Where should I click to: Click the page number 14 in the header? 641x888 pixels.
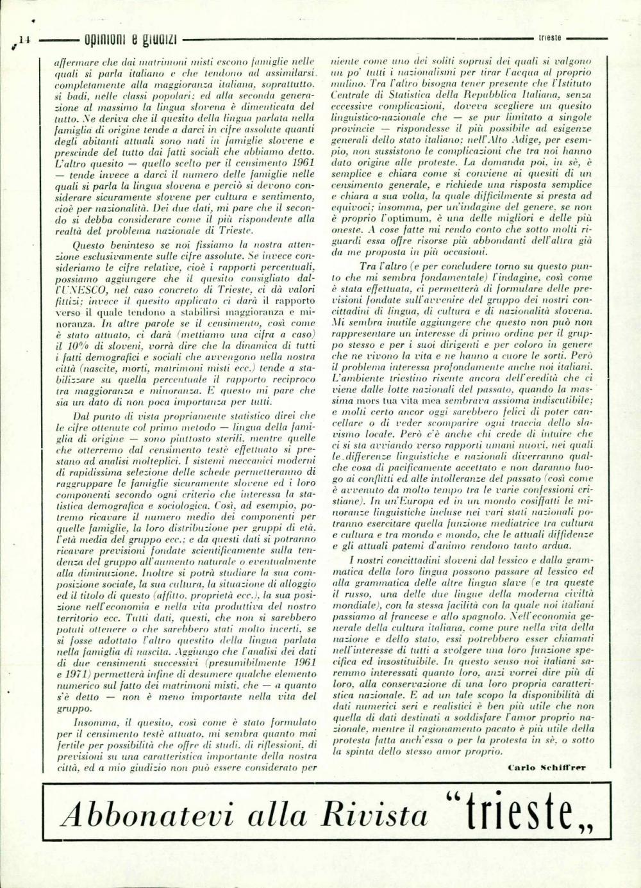(x=24, y=40)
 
